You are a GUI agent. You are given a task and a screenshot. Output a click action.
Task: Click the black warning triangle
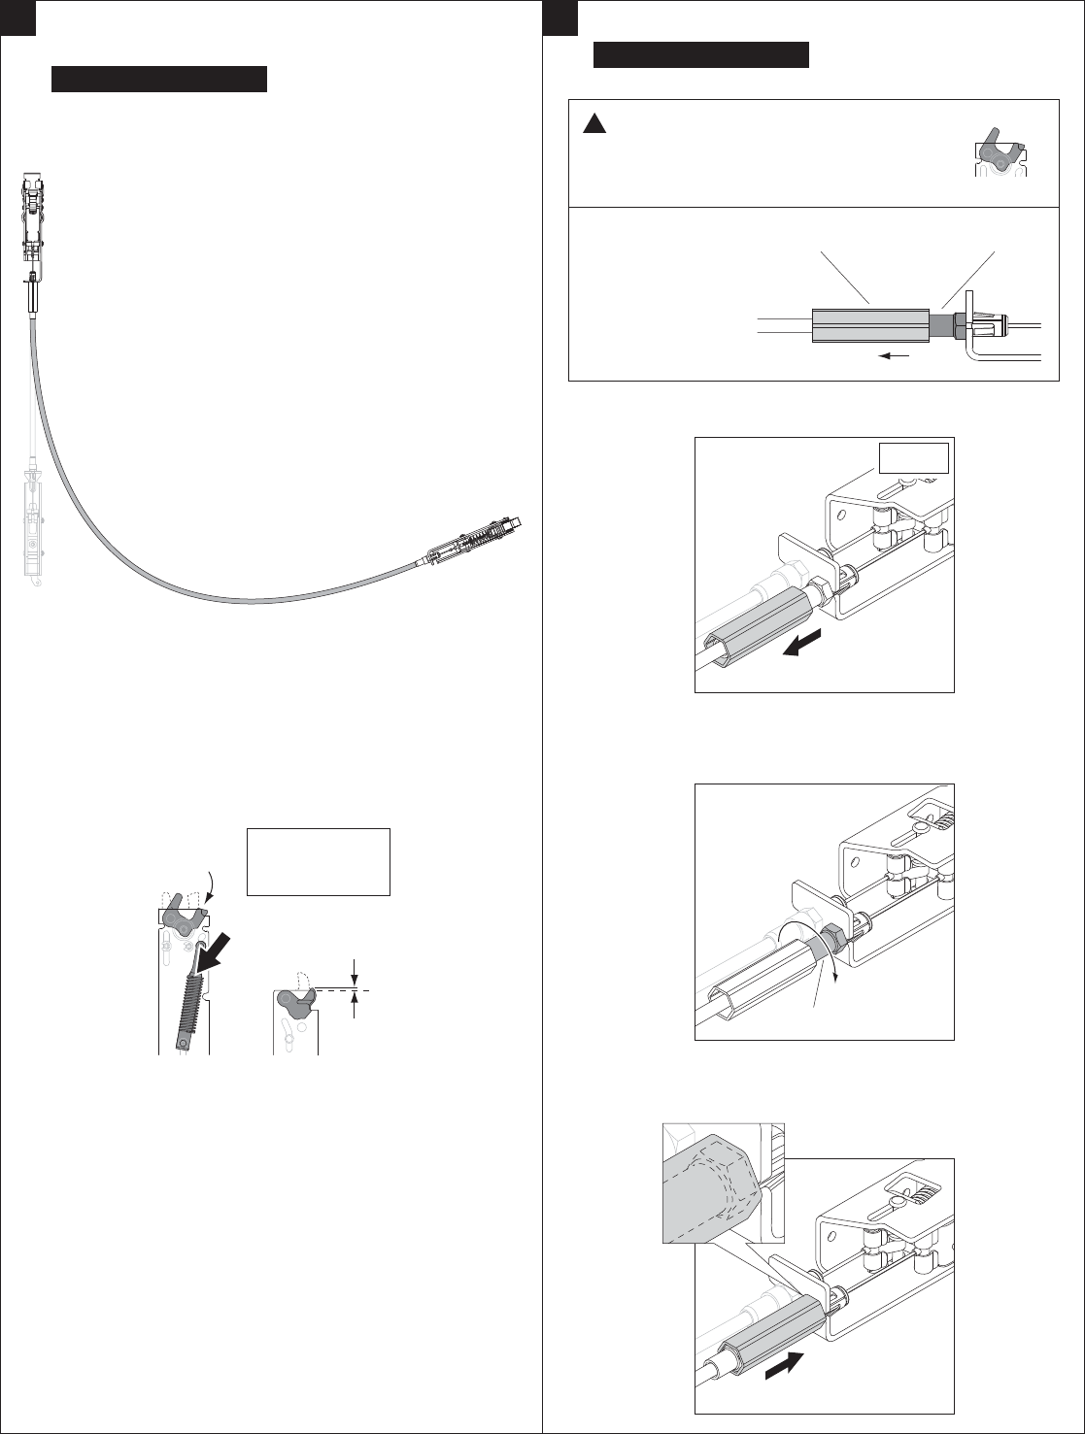point(594,123)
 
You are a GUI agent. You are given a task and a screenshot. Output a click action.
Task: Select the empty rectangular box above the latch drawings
point(319,861)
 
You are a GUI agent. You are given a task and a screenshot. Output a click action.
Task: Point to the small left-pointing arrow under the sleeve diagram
point(896,355)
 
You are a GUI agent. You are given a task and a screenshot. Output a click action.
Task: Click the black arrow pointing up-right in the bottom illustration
point(786,1374)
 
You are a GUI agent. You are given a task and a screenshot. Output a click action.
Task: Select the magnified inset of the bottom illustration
point(722,1183)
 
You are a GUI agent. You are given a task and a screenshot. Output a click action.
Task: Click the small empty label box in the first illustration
point(913,456)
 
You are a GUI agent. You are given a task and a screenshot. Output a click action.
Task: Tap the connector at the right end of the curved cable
point(474,539)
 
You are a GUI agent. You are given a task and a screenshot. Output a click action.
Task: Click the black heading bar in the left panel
point(158,80)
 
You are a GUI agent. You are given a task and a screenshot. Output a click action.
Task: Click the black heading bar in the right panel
point(701,55)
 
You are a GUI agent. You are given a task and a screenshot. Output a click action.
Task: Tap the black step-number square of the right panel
point(559,17)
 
